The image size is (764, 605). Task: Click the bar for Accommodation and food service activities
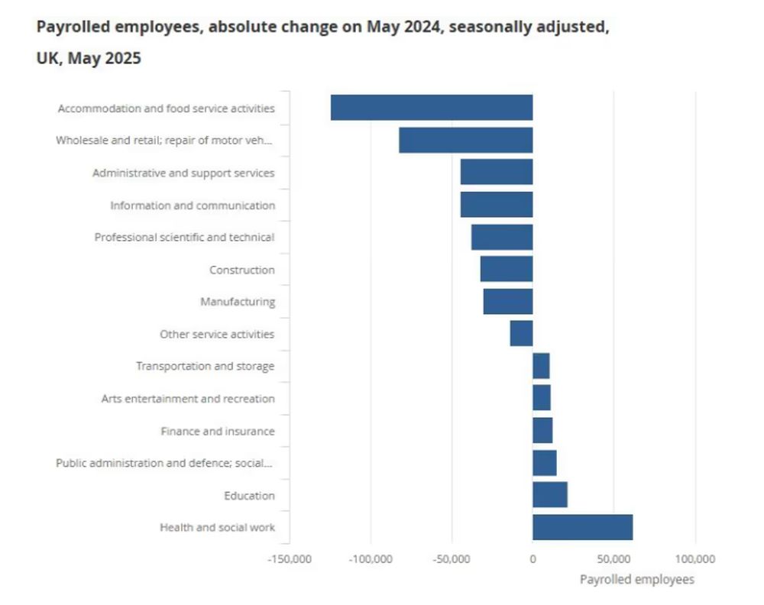click(x=432, y=108)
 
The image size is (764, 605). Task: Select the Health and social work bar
click(x=582, y=527)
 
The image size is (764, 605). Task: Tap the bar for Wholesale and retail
click(x=465, y=141)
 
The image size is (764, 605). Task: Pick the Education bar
click(x=549, y=495)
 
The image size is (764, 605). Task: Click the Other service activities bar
click(x=521, y=334)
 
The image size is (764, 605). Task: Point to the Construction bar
click(x=506, y=270)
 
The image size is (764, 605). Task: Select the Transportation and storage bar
click(x=541, y=366)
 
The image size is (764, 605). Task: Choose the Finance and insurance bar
click(x=542, y=431)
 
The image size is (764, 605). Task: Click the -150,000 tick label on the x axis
click(x=290, y=559)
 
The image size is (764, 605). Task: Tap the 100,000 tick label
click(x=695, y=559)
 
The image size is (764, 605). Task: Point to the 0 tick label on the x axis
click(x=533, y=559)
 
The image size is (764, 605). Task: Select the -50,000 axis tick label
click(x=451, y=559)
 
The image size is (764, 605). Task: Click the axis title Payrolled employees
click(x=637, y=580)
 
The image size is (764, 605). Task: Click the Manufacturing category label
click(x=238, y=302)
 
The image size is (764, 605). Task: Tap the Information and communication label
click(x=193, y=205)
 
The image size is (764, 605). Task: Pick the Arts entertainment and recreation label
click(x=188, y=399)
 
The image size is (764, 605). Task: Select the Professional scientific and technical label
click(x=184, y=238)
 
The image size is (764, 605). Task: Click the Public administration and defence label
click(x=163, y=463)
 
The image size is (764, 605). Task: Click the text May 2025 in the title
click(x=104, y=58)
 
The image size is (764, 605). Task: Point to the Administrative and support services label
click(x=183, y=173)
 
